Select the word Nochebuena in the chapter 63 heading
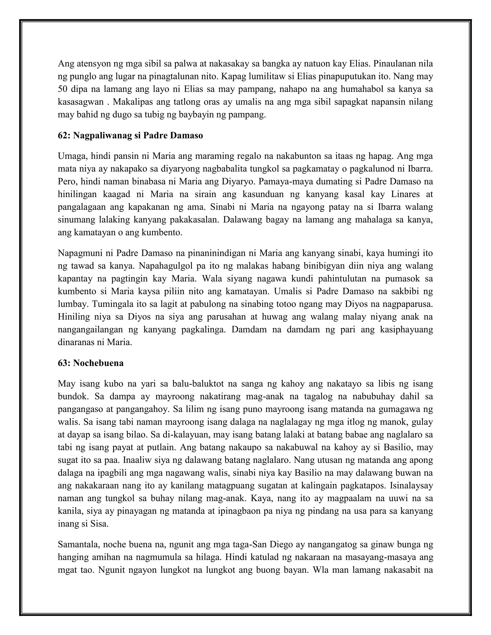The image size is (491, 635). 98,363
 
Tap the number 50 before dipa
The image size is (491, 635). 63,89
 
